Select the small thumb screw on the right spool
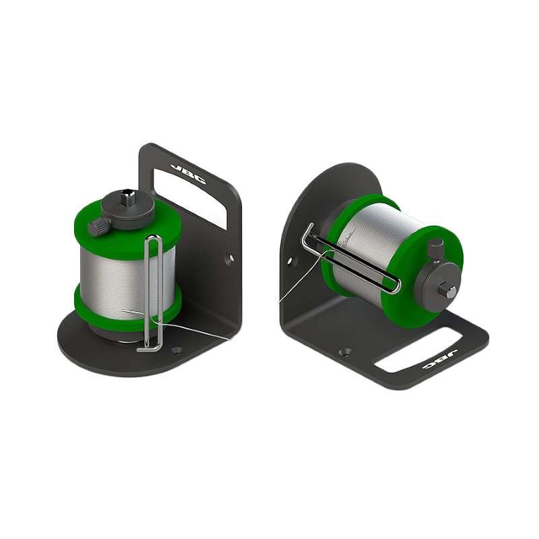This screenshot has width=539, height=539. tap(437, 251)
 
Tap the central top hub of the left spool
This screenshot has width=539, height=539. tap(127, 200)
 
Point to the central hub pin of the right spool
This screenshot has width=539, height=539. tap(449, 292)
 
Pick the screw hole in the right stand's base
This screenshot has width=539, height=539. tap(346, 352)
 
